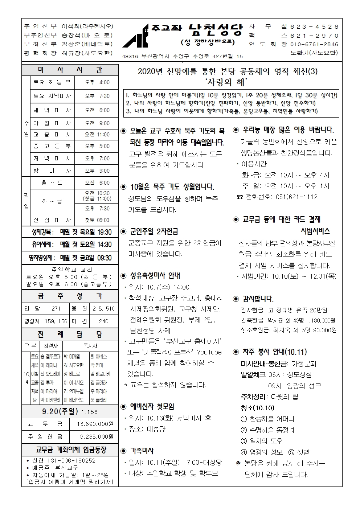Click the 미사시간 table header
tap(70, 70)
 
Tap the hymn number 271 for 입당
tap(56, 309)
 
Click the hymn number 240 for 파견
tap(104, 321)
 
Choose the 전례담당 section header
tap(70, 334)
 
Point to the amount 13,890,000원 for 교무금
tap(95, 424)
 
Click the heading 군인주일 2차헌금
tap(154, 231)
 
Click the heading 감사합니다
tap(258, 299)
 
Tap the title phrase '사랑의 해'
tap(228, 82)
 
